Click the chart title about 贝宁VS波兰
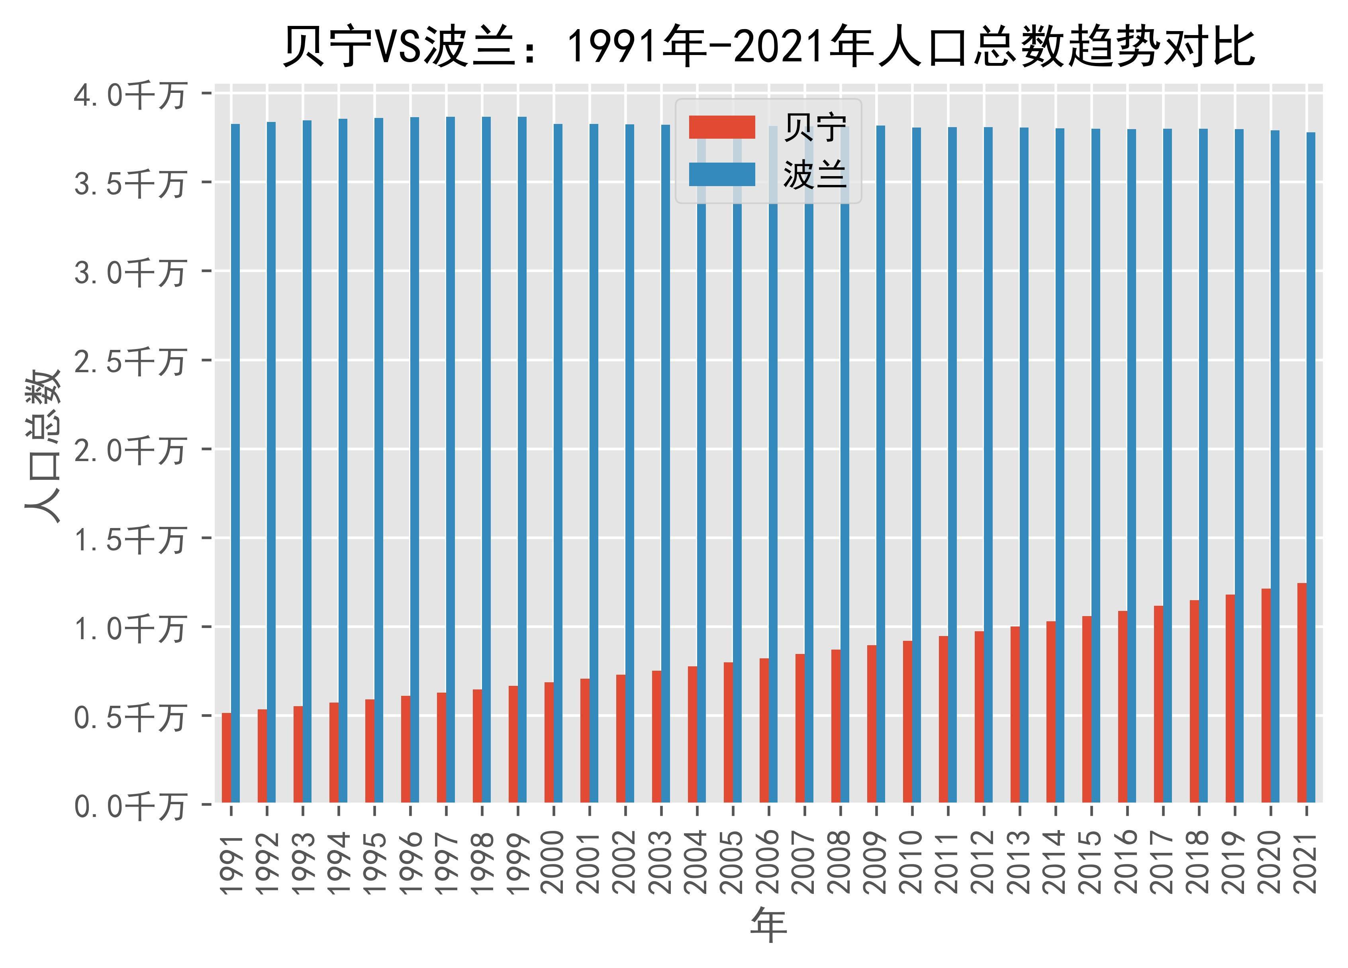pos(768,46)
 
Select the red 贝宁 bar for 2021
pos(1302,692)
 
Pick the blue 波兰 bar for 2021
pos(1311,467)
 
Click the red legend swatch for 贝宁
pos(721,127)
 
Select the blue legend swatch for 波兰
pos(721,174)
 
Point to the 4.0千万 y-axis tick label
pos(129,94)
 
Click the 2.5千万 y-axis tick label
pos(129,360)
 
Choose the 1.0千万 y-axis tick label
pos(129,627)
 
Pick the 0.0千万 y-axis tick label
pos(129,805)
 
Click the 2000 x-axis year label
pos(553,862)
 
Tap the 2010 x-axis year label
pos(912,862)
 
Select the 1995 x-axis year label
pos(374,862)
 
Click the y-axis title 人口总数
pos(43,446)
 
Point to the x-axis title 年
pos(768,925)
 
